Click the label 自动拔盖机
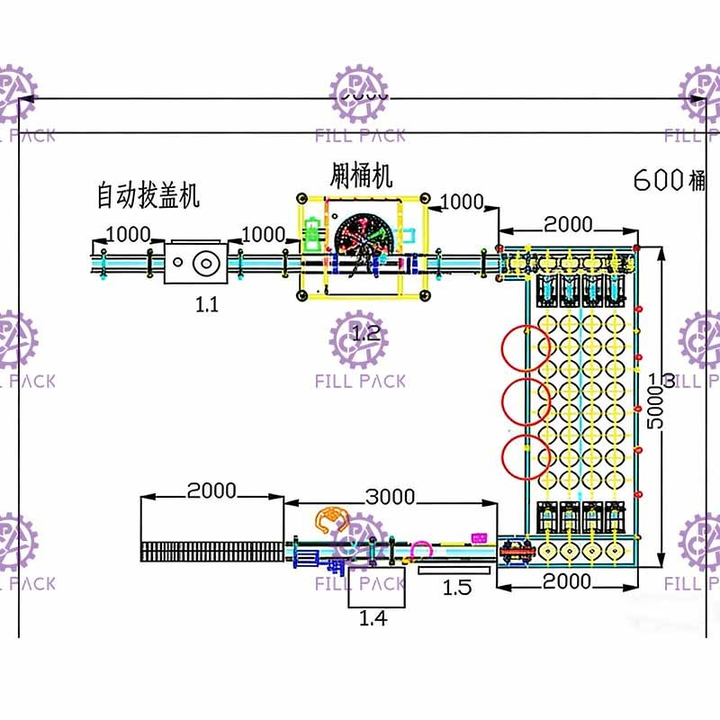(x=148, y=193)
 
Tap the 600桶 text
(x=670, y=180)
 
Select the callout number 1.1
(x=207, y=304)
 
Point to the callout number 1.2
(x=366, y=334)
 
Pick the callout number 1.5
(x=457, y=588)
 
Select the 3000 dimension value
(x=390, y=497)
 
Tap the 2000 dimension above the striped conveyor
(x=211, y=491)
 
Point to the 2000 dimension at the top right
(x=569, y=224)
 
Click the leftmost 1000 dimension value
(x=129, y=235)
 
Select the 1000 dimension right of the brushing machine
(x=462, y=202)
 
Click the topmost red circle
(x=527, y=348)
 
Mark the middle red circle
(x=527, y=402)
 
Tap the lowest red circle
(x=527, y=457)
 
